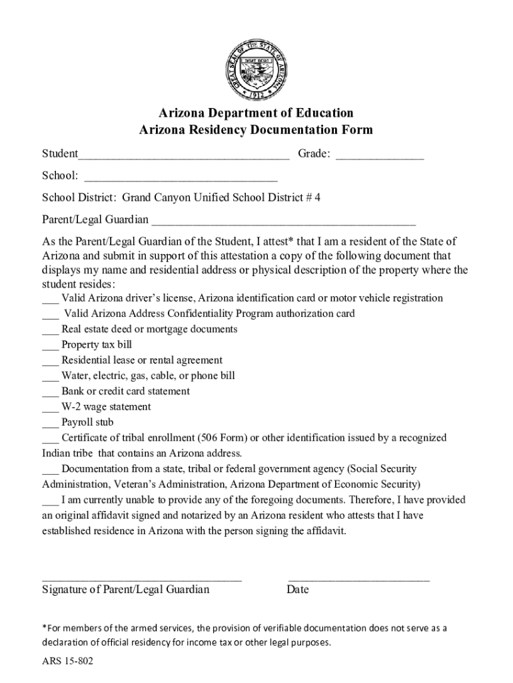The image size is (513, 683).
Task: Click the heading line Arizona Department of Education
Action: pyautogui.click(x=256, y=113)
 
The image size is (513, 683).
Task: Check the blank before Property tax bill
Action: pyautogui.click(x=51, y=346)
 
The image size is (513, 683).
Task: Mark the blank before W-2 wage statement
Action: pyautogui.click(x=51, y=408)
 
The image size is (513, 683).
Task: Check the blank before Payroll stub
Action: pyautogui.click(x=51, y=424)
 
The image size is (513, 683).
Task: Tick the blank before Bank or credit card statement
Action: pyautogui.click(x=51, y=393)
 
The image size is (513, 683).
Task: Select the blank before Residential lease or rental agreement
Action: pyautogui.click(x=51, y=362)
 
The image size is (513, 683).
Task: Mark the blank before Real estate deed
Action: pyautogui.click(x=51, y=331)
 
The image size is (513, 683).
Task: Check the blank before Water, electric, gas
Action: pyautogui.click(x=51, y=378)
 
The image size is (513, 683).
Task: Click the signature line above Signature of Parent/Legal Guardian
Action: pyautogui.click(x=141, y=580)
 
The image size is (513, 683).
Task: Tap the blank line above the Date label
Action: pyautogui.click(x=358, y=580)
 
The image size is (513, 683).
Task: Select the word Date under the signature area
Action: pyautogui.click(x=298, y=590)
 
